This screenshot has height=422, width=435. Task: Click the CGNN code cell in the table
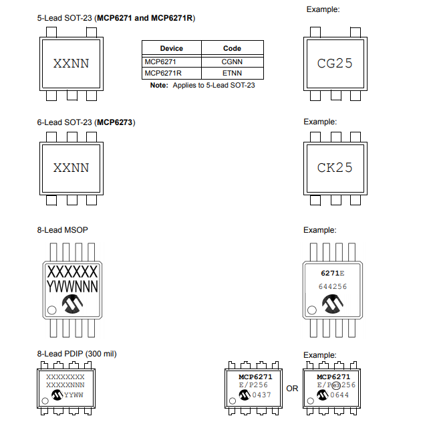click(232, 62)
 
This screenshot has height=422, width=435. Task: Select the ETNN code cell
click(232, 73)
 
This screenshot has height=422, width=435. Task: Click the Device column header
click(172, 48)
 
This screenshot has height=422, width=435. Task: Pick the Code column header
click(232, 48)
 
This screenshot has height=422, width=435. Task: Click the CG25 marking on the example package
click(335, 64)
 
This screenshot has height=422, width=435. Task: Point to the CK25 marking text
click(335, 167)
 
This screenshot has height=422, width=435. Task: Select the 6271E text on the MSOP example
click(332, 273)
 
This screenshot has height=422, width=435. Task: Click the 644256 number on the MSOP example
click(332, 286)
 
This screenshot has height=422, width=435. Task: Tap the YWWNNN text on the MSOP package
click(71, 287)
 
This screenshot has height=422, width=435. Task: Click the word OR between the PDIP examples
click(292, 389)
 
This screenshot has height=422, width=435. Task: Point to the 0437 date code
click(263, 395)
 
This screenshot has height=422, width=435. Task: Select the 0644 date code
click(341, 395)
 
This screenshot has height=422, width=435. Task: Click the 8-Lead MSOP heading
click(63, 230)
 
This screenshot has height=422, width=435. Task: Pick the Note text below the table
click(202, 86)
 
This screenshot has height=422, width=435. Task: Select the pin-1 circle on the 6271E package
click(312, 310)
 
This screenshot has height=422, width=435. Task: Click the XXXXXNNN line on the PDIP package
click(65, 386)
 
